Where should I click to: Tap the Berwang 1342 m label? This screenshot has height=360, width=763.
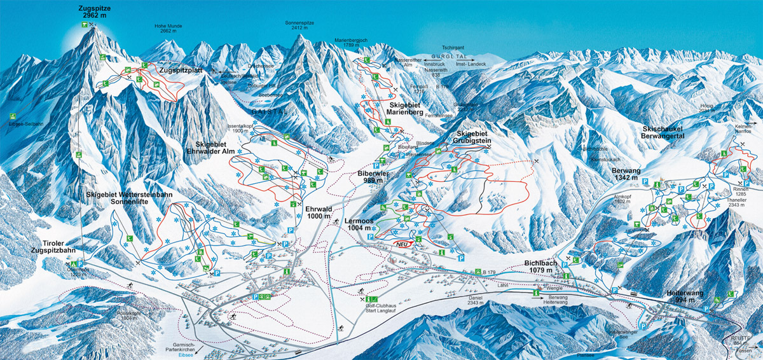point(629,176)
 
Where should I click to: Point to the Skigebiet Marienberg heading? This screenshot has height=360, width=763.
point(404,109)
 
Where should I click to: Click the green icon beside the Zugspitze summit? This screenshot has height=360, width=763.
point(84,25)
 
